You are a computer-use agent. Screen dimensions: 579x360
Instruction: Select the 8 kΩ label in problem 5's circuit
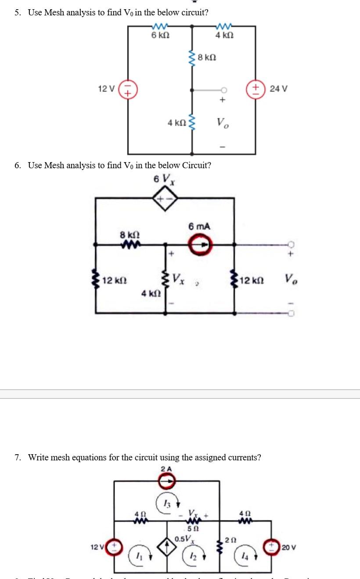[x=207, y=58]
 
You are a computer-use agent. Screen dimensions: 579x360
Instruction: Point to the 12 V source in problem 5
[x=128, y=90]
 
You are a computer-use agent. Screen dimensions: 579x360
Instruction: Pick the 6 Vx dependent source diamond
[x=166, y=199]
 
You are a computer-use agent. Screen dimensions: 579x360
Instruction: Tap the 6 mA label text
[x=200, y=227]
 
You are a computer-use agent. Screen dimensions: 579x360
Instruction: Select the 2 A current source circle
[x=166, y=481]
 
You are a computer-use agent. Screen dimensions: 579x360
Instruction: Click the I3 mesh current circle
[x=165, y=502]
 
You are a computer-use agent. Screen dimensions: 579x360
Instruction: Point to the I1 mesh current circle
[x=137, y=555]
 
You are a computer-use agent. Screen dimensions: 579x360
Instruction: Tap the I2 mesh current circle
[x=191, y=555]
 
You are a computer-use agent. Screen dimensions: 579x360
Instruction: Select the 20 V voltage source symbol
[x=270, y=547]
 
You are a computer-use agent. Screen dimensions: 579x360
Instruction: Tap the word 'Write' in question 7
[x=39, y=457]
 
